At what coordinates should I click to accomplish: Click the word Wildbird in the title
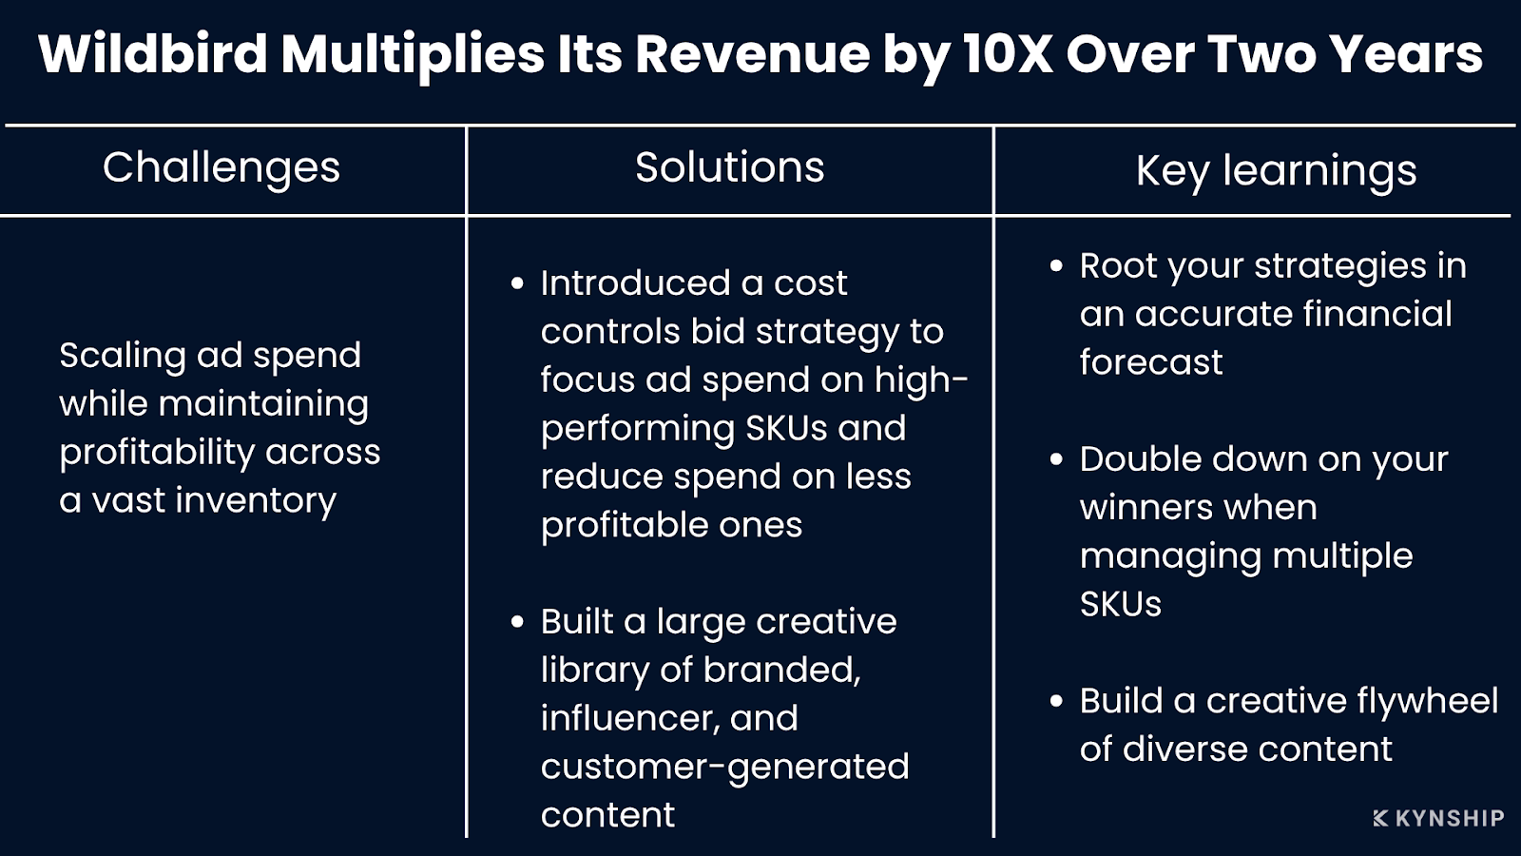152,54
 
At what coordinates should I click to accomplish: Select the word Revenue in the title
752,54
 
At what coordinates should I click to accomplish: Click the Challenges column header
221,168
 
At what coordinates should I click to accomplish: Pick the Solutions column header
729,168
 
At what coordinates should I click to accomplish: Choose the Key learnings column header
1276,172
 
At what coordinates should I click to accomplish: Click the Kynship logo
1438,818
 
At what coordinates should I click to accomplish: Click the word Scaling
122,356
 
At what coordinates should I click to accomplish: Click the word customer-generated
724,767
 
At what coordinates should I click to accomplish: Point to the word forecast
1150,362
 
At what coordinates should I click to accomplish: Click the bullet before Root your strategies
1056,266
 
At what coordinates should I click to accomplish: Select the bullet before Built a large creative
517,622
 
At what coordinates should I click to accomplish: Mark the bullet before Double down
1056,459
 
